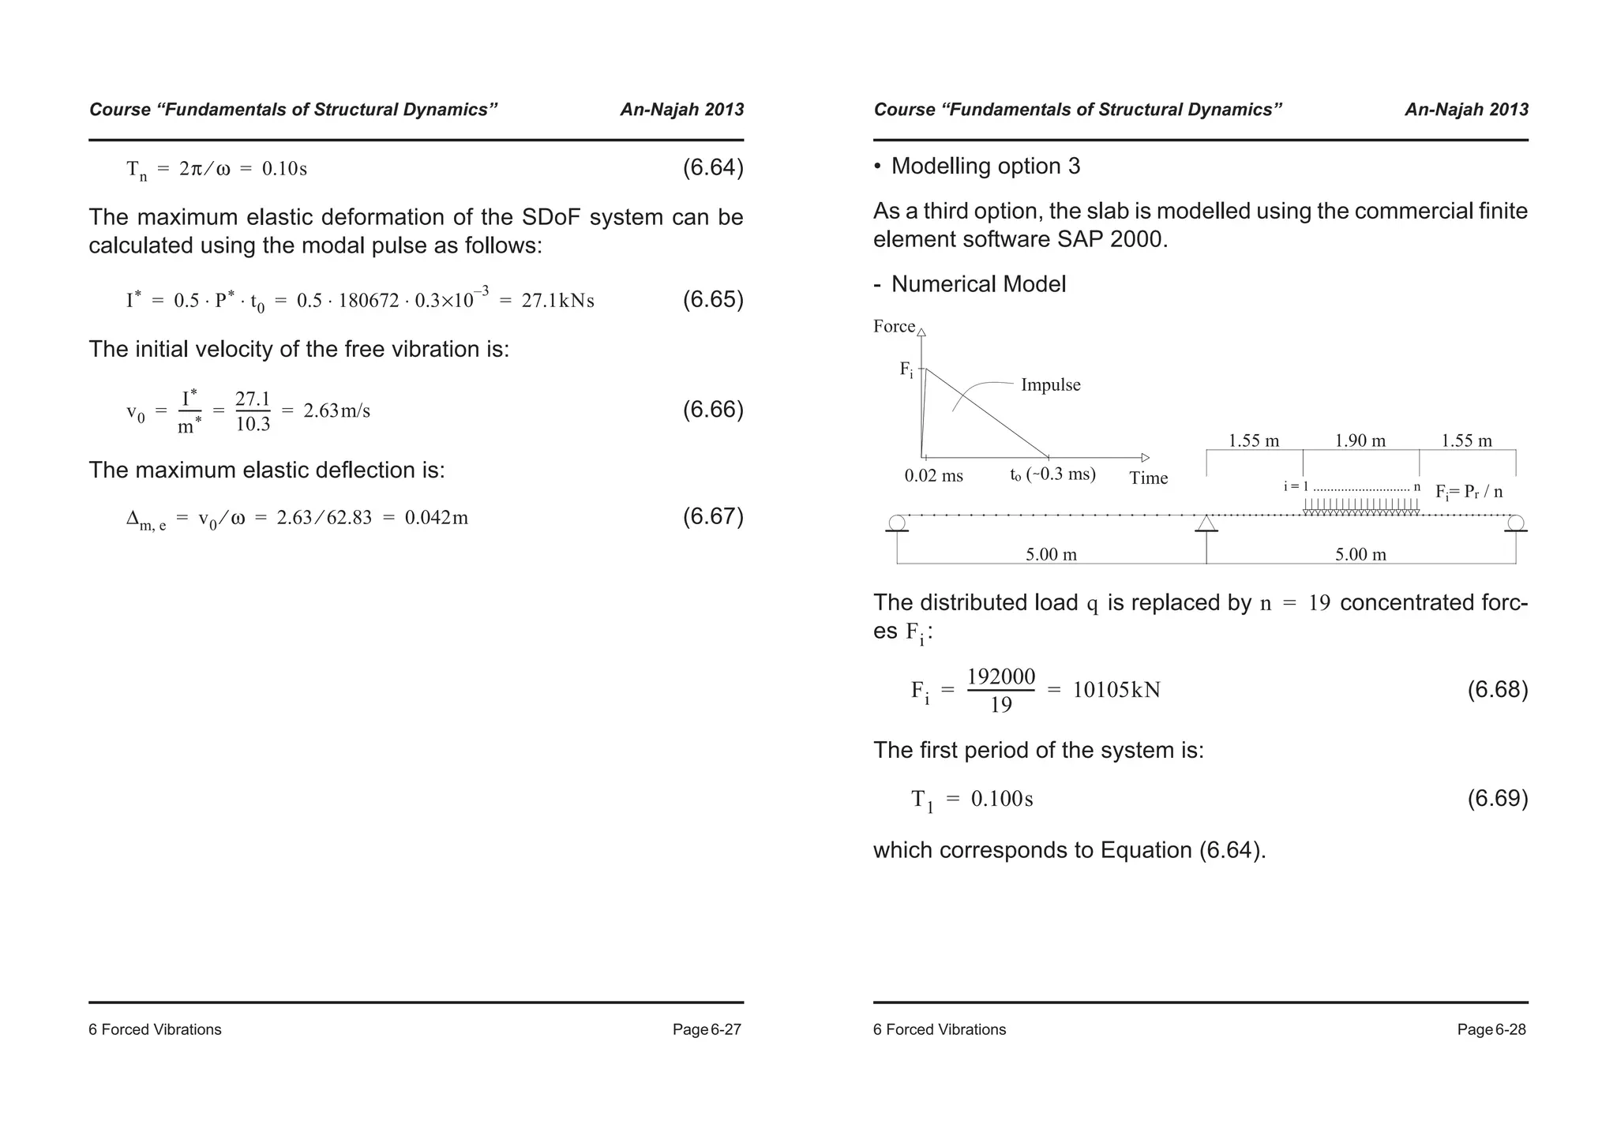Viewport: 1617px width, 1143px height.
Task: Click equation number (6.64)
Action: (x=712, y=168)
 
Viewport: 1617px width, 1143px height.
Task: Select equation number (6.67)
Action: (x=712, y=516)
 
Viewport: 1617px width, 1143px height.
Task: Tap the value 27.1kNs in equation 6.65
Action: (x=557, y=301)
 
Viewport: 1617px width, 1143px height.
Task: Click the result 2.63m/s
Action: (x=337, y=410)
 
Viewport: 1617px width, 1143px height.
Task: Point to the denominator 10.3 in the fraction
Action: (x=253, y=425)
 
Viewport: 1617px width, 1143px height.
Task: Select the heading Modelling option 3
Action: (x=985, y=167)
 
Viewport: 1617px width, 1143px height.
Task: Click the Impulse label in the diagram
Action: (x=1050, y=385)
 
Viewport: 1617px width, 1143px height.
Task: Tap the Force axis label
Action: (x=894, y=327)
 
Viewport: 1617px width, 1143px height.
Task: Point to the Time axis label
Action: (x=1148, y=478)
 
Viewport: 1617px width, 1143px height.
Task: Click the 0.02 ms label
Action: (x=933, y=476)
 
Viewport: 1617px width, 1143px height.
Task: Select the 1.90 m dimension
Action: (x=1360, y=440)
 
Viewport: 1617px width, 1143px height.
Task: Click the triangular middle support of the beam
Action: (x=1206, y=523)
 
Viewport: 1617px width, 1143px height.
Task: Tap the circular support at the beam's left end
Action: (x=897, y=523)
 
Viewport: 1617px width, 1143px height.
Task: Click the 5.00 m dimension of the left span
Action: (x=1051, y=555)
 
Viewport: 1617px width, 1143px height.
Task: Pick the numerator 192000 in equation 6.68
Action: (x=1000, y=677)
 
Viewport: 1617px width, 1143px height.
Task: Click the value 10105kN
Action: (x=1116, y=691)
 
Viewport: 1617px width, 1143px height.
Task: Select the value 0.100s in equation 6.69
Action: (x=1001, y=799)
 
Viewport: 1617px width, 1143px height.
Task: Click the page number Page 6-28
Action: (x=1491, y=1029)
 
